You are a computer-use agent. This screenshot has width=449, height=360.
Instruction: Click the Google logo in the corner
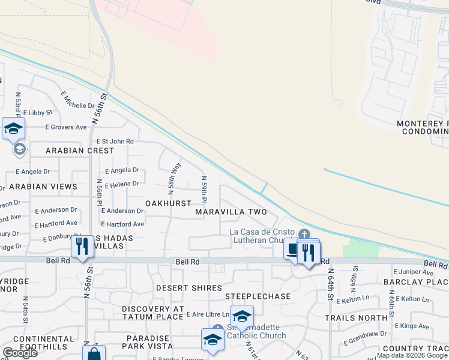(20, 353)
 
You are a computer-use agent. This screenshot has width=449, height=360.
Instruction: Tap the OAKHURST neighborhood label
(168, 203)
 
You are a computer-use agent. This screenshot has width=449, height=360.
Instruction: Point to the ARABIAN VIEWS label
(43, 187)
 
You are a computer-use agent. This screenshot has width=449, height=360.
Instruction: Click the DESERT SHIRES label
(189, 288)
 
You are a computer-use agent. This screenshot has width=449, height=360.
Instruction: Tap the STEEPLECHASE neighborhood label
(258, 296)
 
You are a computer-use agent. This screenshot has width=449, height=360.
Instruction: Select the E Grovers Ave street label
(67, 127)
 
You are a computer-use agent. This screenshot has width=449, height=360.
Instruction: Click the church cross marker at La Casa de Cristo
(304, 234)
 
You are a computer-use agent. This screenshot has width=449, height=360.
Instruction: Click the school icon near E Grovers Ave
(13, 128)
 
